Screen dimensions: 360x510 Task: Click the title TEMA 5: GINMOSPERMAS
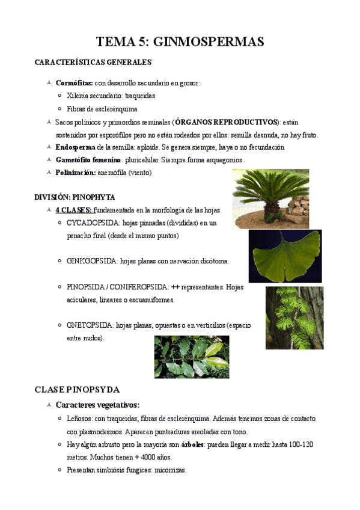[180, 42]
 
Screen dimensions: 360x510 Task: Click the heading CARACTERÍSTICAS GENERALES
[93, 62]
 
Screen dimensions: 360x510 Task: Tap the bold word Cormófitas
[74, 83]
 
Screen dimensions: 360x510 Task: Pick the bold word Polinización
[76, 173]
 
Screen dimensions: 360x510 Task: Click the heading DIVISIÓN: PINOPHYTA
[75, 197]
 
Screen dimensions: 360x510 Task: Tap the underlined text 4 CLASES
[74, 210]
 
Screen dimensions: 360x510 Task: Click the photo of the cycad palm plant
[270, 194]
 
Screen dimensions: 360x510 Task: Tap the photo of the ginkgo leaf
[285, 256]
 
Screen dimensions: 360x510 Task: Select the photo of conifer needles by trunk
[294, 318]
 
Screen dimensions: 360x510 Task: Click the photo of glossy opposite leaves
[192, 357]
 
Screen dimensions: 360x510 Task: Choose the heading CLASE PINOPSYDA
[78, 389]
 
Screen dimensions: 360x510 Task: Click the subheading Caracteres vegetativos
[97, 405]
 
